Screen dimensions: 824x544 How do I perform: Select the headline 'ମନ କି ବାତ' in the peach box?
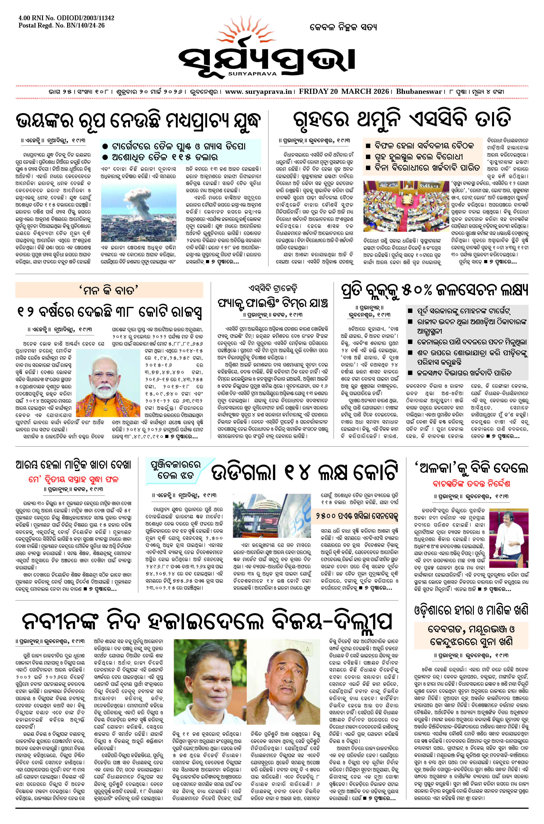[109, 290]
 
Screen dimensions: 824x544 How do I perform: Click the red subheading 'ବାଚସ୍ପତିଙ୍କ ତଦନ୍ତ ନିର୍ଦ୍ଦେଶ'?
[471, 483]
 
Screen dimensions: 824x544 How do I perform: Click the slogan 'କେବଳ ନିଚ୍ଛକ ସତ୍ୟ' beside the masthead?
[343, 27]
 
